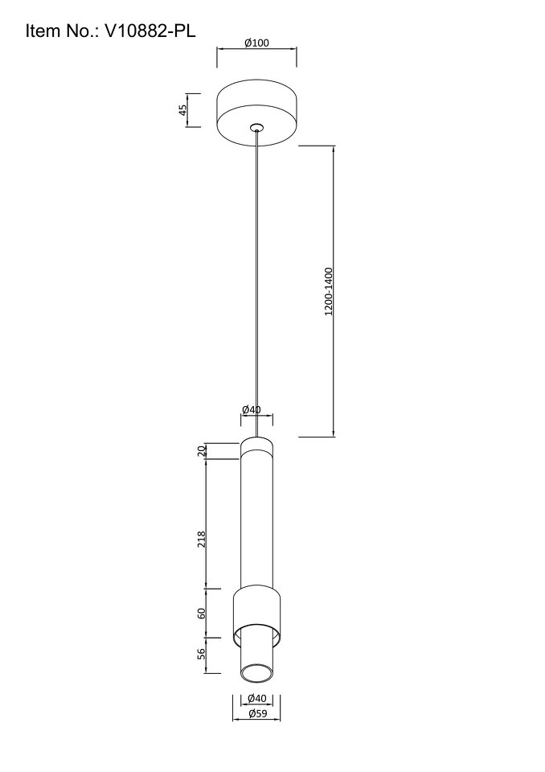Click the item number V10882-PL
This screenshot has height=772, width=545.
coord(150,31)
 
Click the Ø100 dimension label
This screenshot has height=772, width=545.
coord(256,43)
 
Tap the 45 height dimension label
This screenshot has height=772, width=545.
coord(183,110)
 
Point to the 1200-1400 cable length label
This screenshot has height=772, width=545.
coord(329,291)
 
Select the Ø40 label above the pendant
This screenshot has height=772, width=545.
coord(252,409)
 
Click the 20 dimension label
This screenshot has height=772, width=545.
coord(201,451)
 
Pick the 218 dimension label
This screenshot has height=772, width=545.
coord(201,540)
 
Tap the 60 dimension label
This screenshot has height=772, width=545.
coord(201,614)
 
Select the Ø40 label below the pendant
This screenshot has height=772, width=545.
coord(257,698)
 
